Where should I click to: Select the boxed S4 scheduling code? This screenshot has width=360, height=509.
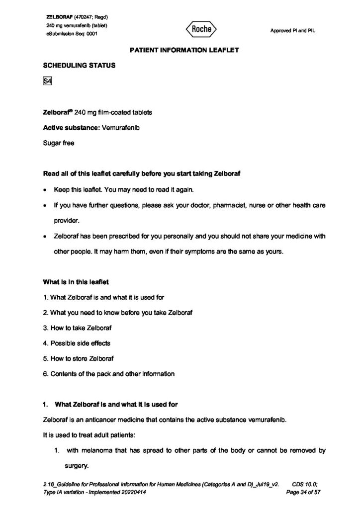48,82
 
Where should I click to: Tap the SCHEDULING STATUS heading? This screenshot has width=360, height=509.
80,66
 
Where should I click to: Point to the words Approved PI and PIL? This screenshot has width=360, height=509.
292,31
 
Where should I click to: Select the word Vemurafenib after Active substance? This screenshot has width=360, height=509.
121,128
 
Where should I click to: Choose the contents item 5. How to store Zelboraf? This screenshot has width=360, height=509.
82,358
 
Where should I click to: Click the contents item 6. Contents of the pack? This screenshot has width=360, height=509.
109,374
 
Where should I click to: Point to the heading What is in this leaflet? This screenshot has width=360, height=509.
76,282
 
